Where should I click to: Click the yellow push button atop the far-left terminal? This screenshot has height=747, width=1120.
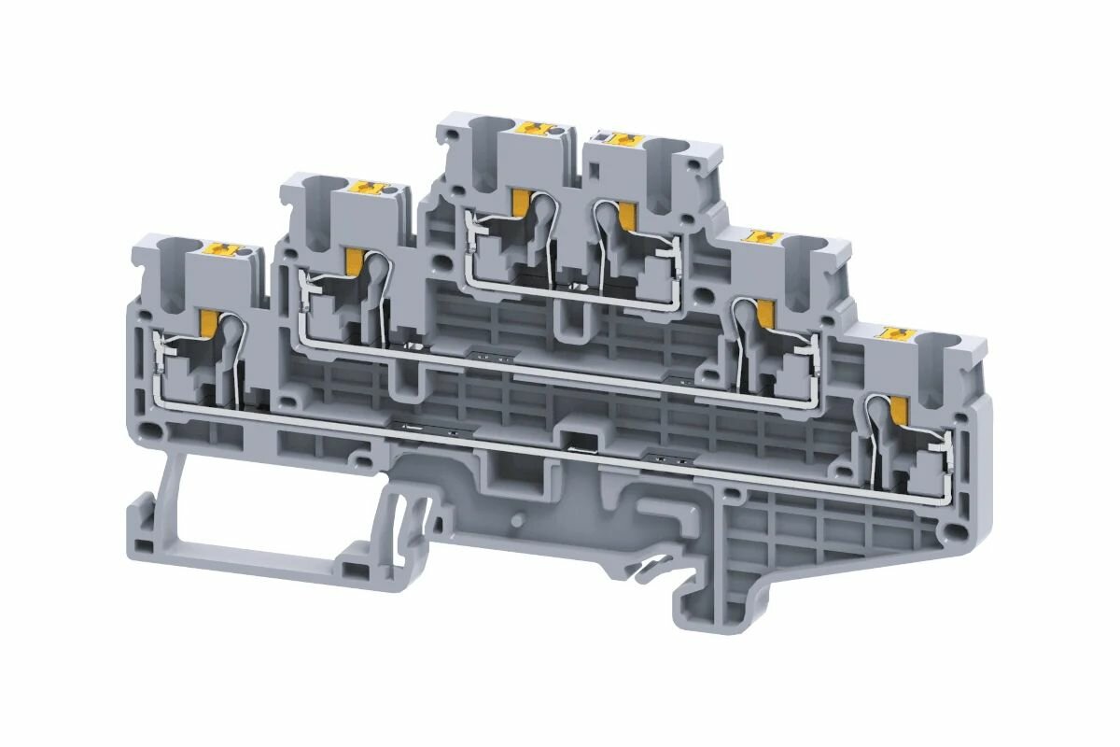coord(225,249)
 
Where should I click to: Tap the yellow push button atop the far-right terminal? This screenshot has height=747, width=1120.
coord(899,333)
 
